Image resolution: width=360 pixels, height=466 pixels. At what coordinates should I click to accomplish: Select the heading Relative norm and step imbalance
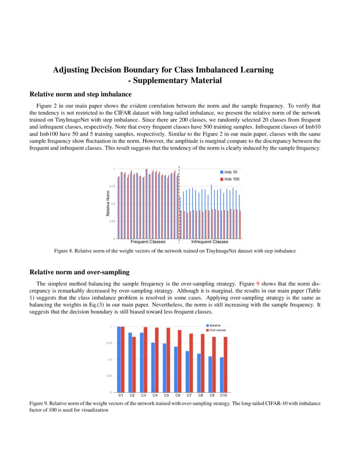tap(80, 94)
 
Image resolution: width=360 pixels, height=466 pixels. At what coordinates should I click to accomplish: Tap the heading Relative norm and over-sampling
tap(79, 272)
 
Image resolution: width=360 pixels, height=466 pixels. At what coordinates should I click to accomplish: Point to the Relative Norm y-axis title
tap(108, 204)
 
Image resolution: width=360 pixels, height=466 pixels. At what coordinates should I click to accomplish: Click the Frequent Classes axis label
tap(148, 242)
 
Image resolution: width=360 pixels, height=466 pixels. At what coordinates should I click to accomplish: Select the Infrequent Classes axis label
tap(210, 242)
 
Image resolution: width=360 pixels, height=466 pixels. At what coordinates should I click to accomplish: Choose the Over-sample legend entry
tap(217, 330)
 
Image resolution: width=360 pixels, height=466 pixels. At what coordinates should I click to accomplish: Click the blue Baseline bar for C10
tap(222, 374)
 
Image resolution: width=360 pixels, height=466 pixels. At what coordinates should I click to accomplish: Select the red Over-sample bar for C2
tap(134, 364)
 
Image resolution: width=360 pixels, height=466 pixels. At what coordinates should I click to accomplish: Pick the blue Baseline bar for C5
tap(164, 368)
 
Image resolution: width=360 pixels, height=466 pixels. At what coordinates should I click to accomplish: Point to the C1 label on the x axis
tap(121, 395)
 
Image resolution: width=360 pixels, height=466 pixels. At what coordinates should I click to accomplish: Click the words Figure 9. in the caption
tap(39, 404)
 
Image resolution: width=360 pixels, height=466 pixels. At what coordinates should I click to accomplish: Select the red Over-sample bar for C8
tap(203, 363)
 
